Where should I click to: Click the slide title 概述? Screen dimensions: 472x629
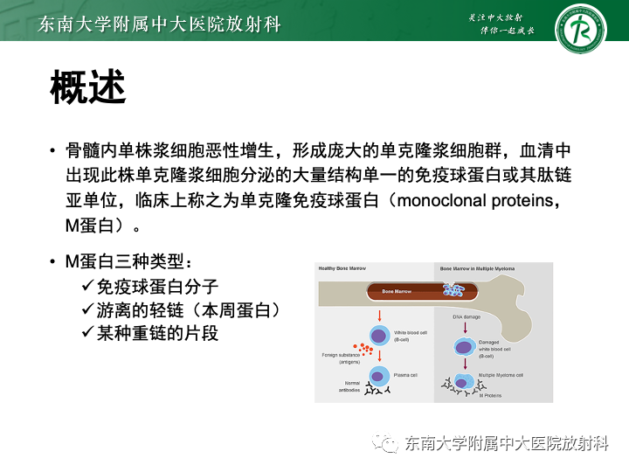tap(88, 87)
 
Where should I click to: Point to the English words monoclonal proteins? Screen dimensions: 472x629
tap(475, 200)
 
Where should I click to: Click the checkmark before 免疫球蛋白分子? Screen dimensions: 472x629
tap(87, 286)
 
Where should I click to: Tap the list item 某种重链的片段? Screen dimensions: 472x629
tap(156, 333)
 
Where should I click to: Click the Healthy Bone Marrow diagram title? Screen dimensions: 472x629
tap(342, 269)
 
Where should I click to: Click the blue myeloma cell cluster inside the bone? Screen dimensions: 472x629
tap(453, 289)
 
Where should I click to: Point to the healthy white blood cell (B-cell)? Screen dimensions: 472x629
tap(380, 335)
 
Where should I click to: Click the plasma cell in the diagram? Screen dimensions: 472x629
tap(379, 376)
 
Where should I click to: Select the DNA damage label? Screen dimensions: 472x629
tap(466, 316)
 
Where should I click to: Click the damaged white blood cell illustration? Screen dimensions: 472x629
tap(464, 346)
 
